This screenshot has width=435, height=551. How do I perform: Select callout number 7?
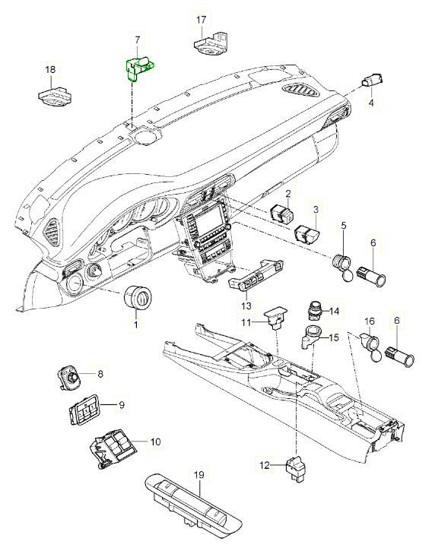tap(137, 40)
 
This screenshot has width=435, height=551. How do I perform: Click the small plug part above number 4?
tap(374, 80)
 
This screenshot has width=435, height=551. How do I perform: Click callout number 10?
tap(154, 442)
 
